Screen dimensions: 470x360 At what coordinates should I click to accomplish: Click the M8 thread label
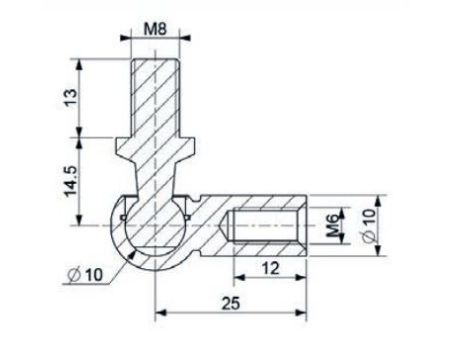155,29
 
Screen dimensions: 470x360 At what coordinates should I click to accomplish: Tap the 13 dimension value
71,98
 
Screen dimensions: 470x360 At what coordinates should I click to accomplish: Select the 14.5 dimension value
71,181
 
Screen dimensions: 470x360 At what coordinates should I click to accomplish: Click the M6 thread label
334,227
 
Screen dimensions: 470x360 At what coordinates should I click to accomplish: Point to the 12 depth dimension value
270,268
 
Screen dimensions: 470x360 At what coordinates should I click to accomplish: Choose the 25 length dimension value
231,303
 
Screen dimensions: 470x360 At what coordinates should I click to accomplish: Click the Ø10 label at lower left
85,275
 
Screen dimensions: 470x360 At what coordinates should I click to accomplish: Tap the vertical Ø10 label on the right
370,225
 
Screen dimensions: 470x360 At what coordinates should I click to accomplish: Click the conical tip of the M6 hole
224,226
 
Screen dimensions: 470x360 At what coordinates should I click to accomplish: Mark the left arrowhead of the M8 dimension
125,38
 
